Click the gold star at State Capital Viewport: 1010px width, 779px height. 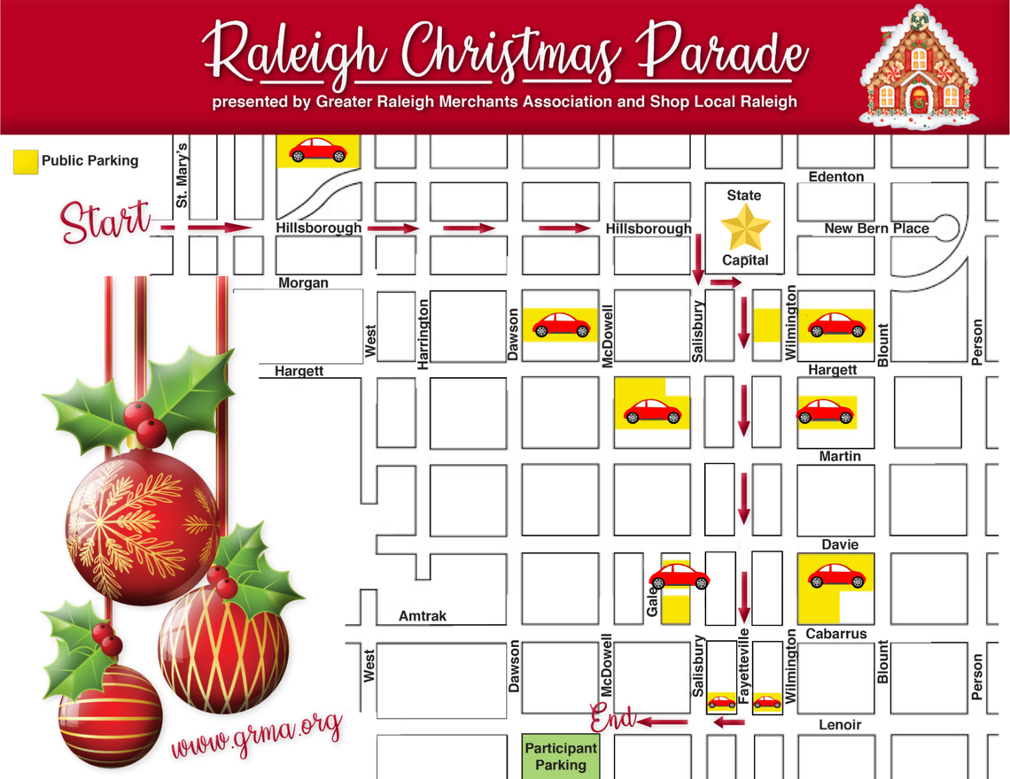pyautogui.click(x=744, y=228)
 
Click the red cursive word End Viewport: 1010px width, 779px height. pyautogui.click(x=612, y=718)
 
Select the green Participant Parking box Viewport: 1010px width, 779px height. pyautogui.click(x=561, y=756)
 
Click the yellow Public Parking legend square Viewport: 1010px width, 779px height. pyautogui.click(x=26, y=161)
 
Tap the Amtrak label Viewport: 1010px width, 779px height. pyautogui.click(x=423, y=615)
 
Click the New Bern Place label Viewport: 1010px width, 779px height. pyautogui.click(x=876, y=228)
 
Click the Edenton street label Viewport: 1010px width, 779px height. pyautogui.click(x=835, y=177)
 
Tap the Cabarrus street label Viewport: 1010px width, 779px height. pyautogui.click(x=835, y=634)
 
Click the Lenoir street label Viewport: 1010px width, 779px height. pyautogui.click(x=839, y=725)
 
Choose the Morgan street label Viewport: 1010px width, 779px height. pyautogui.click(x=303, y=283)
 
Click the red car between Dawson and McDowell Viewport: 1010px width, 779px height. pyautogui.click(x=560, y=325)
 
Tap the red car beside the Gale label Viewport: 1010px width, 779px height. pyautogui.click(x=679, y=577)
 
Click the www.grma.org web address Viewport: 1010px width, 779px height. pyautogui.click(x=257, y=734)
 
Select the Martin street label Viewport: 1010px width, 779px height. pyautogui.click(x=839, y=456)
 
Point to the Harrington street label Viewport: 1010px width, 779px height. pyautogui.click(x=423, y=333)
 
